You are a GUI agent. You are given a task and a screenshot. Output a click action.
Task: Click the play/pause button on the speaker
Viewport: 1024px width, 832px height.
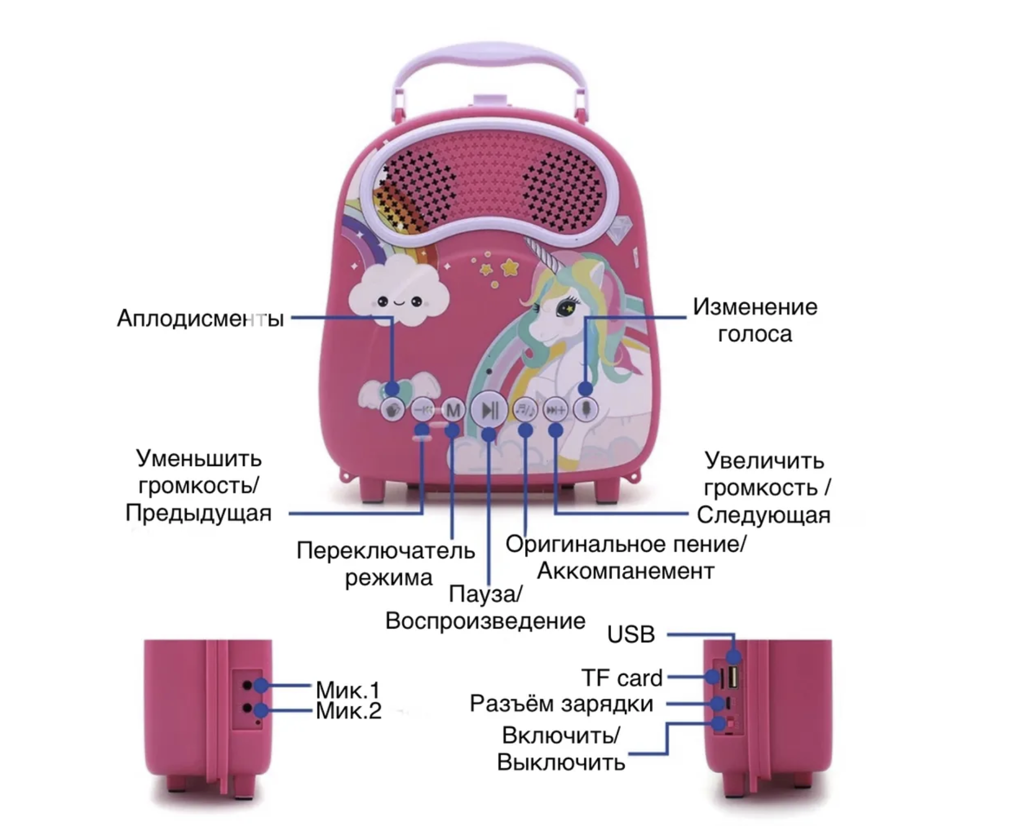click(x=489, y=409)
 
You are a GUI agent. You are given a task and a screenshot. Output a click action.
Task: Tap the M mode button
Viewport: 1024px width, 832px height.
click(x=453, y=410)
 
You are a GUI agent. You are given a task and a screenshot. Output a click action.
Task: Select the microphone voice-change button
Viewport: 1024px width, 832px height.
click(x=585, y=409)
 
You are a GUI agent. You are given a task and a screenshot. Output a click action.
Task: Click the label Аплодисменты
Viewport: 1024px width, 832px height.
click(x=200, y=318)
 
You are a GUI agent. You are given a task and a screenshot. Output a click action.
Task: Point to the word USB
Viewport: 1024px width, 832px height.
click(x=631, y=634)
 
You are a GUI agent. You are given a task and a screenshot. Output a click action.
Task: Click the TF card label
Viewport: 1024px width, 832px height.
click(x=621, y=678)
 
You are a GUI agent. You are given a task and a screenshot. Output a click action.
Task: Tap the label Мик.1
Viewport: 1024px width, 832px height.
click(x=348, y=690)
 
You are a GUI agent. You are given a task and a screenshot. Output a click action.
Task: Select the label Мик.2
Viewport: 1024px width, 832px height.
click(x=348, y=711)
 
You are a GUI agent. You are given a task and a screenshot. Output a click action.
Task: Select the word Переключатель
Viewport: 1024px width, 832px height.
click(x=385, y=551)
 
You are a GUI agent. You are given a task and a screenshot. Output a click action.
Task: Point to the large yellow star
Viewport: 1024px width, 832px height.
click(x=510, y=266)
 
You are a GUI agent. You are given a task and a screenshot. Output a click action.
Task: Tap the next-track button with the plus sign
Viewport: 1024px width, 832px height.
click(x=556, y=410)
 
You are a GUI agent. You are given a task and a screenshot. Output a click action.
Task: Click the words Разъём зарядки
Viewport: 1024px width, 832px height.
click(x=561, y=704)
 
